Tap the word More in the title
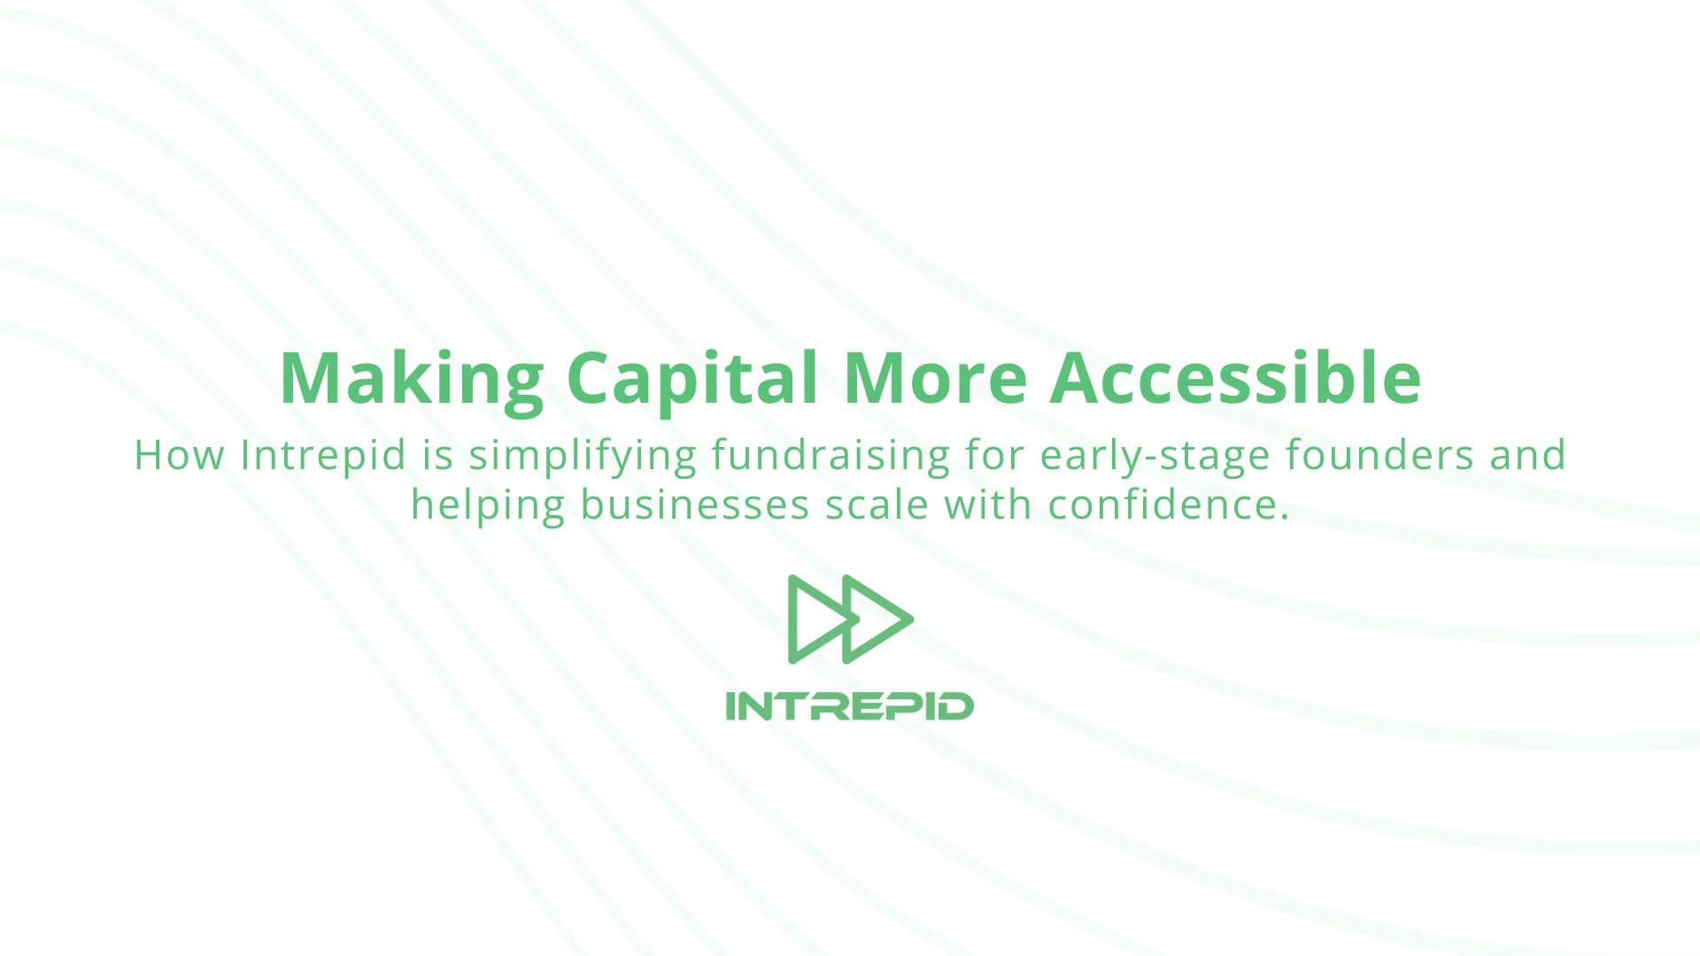click(935, 378)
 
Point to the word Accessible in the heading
click(1235, 378)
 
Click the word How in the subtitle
click(178, 455)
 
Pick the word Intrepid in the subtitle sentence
click(323, 455)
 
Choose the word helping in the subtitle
click(488, 506)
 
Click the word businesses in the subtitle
click(695, 505)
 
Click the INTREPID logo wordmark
click(849, 706)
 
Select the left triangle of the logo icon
click(810, 618)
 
